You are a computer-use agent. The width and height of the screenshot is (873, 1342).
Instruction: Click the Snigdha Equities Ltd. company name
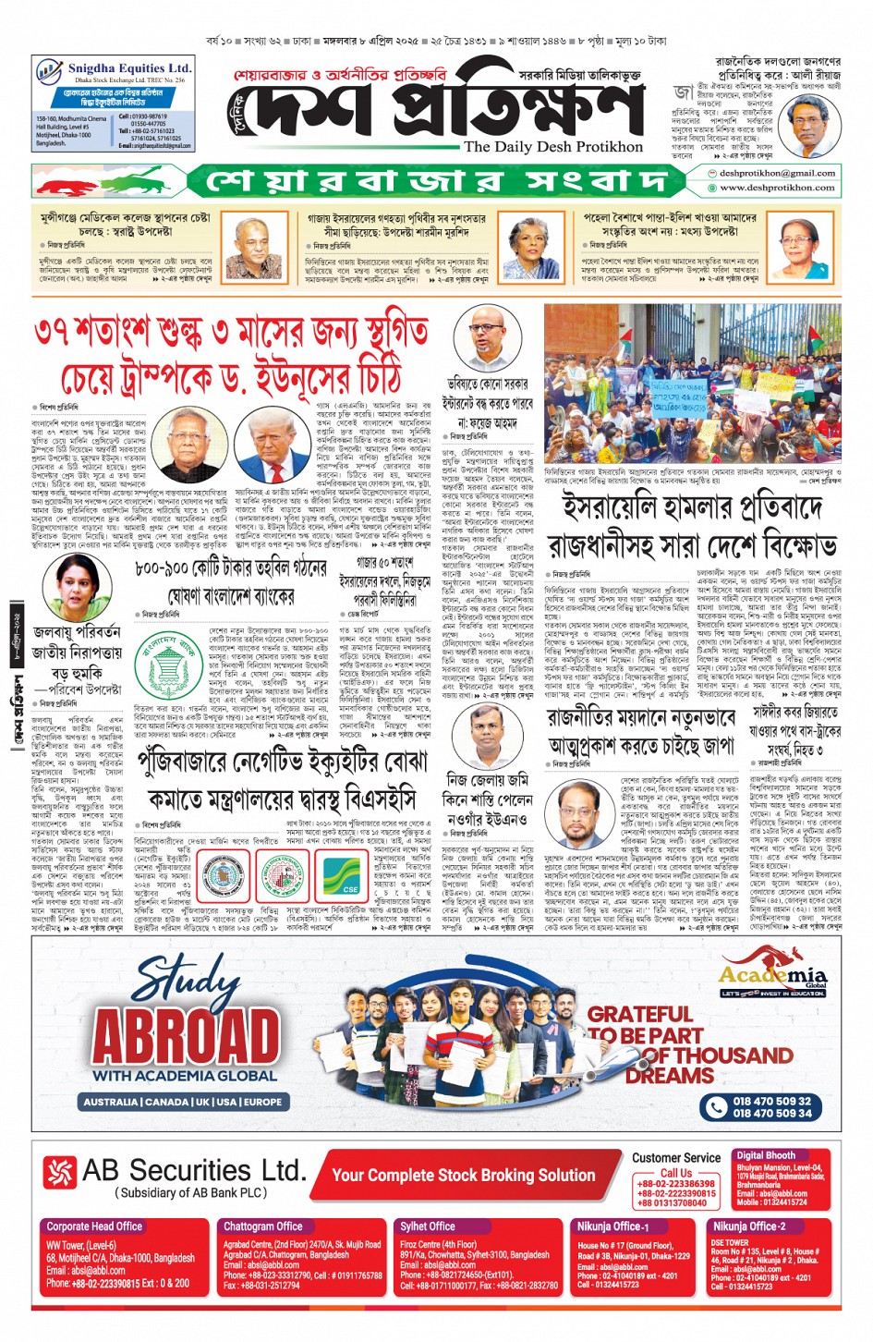click(x=129, y=68)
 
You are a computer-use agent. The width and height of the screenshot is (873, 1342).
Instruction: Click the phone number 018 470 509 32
click(x=771, y=1101)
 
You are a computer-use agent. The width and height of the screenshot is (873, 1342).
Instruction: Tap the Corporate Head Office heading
click(x=94, y=1226)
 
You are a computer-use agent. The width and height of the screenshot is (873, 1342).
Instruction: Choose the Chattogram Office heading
click(x=263, y=1226)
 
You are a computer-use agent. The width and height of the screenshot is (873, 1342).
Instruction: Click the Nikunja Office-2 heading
click(x=748, y=1226)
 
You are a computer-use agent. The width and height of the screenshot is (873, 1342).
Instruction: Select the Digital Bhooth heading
click(x=766, y=1155)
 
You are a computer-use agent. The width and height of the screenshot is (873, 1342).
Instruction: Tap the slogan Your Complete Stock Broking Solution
click(x=464, y=1175)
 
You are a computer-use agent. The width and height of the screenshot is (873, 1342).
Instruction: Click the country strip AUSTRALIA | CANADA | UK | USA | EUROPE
click(x=183, y=1102)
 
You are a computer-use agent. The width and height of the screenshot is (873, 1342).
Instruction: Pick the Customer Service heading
click(x=676, y=1157)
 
